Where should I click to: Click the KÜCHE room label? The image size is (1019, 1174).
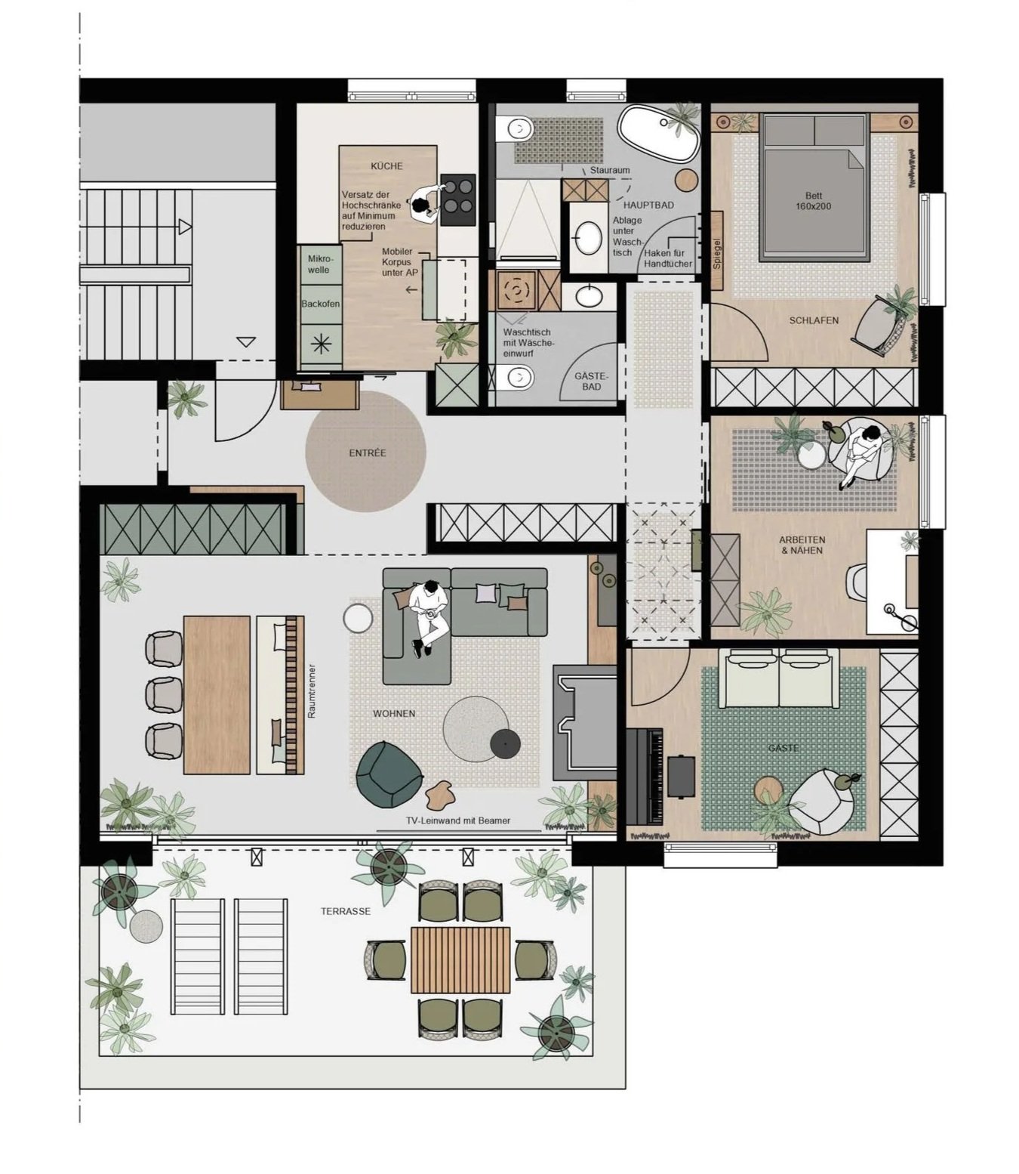tap(386, 166)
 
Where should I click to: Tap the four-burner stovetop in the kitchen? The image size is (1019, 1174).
tap(457, 200)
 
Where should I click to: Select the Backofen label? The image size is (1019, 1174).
tap(320, 304)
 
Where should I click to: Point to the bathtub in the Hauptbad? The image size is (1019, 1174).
tap(659, 134)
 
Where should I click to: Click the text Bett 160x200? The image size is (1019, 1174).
tap(813, 200)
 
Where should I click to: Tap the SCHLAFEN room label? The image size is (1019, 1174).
tap(814, 320)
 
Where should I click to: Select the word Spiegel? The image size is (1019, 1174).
tap(717, 254)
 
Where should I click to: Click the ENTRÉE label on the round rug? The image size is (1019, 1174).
tap(367, 453)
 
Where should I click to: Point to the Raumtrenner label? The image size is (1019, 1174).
tap(311, 691)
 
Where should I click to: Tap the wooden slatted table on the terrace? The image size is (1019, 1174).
tap(460, 959)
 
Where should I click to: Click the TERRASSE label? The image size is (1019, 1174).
tap(345, 911)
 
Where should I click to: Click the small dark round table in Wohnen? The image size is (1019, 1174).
tap(505, 744)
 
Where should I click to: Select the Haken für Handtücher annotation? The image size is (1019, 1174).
tap(667, 258)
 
